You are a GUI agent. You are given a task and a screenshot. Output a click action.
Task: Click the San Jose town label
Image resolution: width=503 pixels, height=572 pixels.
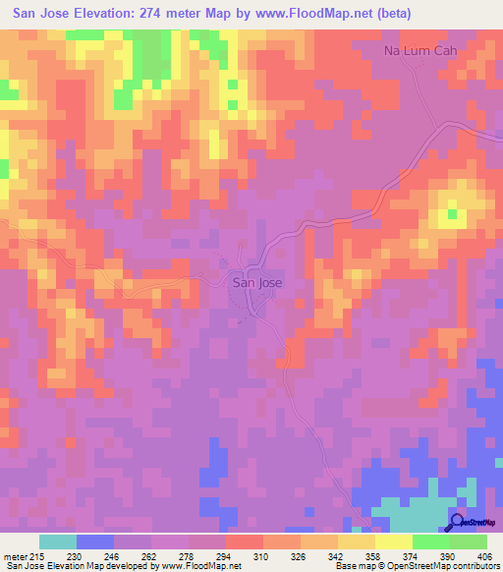(256, 282)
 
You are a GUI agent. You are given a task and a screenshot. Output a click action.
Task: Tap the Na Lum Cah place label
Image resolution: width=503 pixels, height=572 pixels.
(420, 50)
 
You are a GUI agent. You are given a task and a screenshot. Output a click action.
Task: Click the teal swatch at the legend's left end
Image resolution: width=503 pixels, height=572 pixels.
(57, 543)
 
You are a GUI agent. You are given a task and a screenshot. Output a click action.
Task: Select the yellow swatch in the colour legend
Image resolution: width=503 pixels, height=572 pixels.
(393, 543)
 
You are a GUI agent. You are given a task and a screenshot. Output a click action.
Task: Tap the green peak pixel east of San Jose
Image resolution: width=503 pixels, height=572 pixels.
(452, 212)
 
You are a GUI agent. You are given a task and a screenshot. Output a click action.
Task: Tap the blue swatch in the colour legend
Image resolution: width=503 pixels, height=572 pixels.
(95, 543)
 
